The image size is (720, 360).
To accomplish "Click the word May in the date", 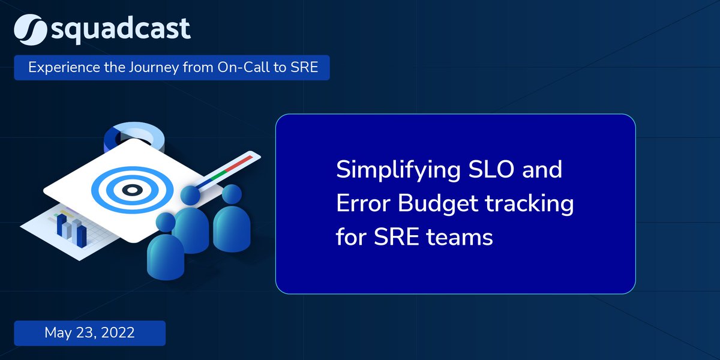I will [x=58, y=333].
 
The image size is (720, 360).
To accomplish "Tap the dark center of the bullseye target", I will [x=131, y=190].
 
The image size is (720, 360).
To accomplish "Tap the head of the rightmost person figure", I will [x=231, y=193].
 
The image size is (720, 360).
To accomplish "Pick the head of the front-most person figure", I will [x=166, y=223].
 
